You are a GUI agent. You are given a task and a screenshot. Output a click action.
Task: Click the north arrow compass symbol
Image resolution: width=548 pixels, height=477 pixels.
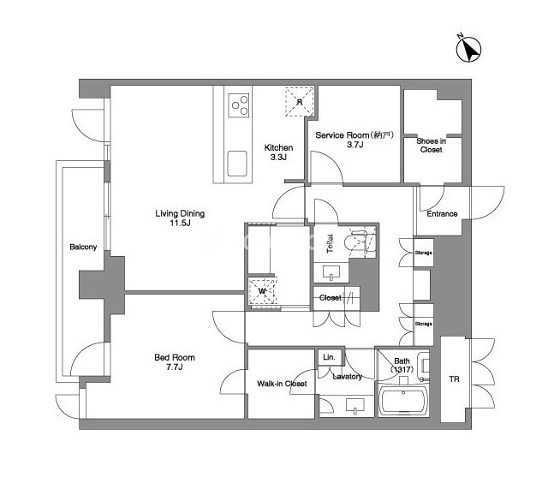468,50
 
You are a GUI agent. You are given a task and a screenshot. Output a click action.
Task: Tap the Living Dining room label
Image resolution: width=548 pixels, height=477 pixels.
180,218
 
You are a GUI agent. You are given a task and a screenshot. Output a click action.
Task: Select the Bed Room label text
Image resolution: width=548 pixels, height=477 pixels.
175,362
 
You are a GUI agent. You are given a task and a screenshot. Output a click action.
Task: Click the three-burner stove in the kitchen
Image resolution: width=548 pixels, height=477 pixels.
239,105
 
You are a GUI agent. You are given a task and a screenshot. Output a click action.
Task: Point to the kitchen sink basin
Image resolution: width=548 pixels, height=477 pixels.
237,164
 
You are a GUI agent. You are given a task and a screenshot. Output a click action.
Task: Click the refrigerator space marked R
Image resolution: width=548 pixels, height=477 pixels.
300,102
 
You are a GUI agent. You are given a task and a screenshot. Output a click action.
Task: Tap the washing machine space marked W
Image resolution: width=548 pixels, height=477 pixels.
263,291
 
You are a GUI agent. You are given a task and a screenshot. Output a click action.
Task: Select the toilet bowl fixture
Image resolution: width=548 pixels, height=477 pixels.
360,241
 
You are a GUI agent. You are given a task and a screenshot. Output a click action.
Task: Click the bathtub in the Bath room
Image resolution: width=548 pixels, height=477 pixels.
403,401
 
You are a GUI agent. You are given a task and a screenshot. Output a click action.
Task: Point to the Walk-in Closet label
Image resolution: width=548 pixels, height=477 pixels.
282,384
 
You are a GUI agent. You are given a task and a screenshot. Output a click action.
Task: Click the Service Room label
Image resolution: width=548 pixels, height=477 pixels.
354,140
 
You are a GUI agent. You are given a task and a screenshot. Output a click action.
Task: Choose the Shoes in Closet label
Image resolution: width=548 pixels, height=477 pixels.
432,146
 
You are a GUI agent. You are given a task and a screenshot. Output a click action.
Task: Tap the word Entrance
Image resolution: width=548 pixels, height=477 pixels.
442,213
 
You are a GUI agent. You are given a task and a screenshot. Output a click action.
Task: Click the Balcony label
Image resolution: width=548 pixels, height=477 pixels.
83,247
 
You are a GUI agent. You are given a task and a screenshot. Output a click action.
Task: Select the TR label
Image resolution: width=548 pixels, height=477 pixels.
454,379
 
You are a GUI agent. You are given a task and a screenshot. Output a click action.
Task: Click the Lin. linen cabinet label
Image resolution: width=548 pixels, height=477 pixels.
329,357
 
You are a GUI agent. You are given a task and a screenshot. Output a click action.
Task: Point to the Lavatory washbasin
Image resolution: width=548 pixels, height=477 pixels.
354,405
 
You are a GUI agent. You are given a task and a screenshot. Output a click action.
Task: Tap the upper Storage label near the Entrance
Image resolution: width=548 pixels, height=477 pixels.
424,253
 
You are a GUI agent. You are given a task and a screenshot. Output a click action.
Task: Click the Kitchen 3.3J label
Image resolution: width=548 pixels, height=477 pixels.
278,152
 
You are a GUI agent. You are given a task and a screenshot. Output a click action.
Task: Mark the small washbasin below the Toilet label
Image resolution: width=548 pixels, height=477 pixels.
331,272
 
